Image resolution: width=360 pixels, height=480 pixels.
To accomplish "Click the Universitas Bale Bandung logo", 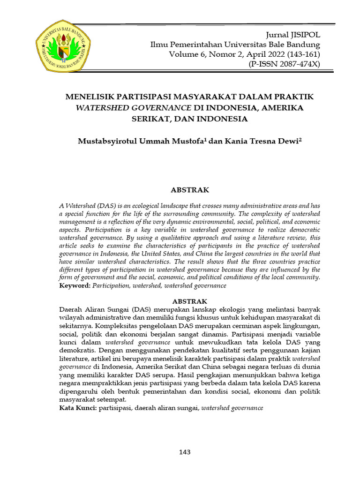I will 63,45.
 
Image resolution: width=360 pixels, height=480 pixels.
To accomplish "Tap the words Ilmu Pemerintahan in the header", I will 180,45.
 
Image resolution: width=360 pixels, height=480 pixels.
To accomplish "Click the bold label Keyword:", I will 75,285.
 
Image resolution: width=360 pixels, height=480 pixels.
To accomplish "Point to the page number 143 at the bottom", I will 185,452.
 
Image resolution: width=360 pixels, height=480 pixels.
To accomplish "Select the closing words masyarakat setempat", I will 93,399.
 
